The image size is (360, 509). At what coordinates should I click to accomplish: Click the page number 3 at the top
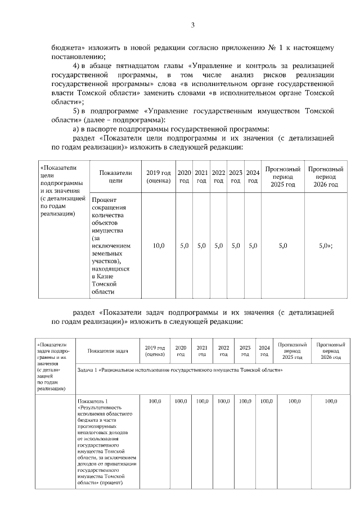tap(192, 25)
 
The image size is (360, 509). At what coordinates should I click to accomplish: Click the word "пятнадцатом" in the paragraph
tap(138, 66)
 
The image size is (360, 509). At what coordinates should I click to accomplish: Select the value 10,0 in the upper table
tap(159, 246)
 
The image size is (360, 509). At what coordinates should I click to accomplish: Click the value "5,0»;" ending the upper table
tap(326, 246)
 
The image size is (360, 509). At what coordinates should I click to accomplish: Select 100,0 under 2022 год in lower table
tap(223, 401)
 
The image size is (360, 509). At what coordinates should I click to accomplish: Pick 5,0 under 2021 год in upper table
tap(201, 246)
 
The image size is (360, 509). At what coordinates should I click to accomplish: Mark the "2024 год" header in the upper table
tap(253, 177)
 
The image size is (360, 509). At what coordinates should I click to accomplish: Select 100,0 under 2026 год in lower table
tap(331, 401)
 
